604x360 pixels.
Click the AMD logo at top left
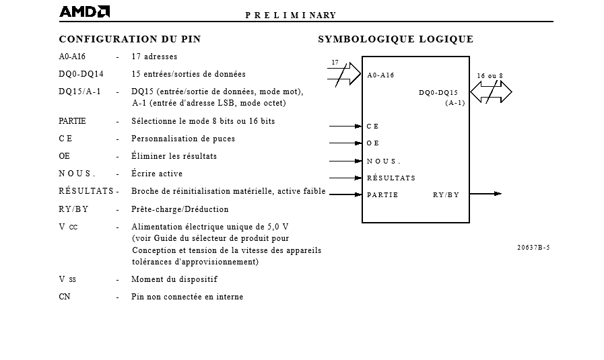click(84, 11)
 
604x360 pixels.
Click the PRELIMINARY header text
click(290, 15)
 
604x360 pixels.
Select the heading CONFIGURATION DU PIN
click(130, 39)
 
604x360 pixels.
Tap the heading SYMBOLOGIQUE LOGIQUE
click(395, 39)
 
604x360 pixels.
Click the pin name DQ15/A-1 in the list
click(79, 92)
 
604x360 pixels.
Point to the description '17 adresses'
click(154, 57)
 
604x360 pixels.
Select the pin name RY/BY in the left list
click(73, 209)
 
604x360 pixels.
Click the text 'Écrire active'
click(157, 174)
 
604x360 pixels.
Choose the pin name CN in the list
click(65, 297)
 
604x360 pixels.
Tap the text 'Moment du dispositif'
click(174, 279)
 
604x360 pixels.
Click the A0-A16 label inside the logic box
click(380, 75)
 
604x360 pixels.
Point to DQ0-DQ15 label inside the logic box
click(438, 93)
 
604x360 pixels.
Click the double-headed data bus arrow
click(491, 92)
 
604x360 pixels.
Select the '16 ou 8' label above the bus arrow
click(490, 76)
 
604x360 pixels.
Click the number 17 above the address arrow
click(335, 63)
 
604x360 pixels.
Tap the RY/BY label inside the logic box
click(446, 195)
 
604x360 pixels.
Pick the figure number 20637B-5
click(533, 247)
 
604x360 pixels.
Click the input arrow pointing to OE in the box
click(345, 143)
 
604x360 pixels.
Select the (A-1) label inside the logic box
click(455, 103)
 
